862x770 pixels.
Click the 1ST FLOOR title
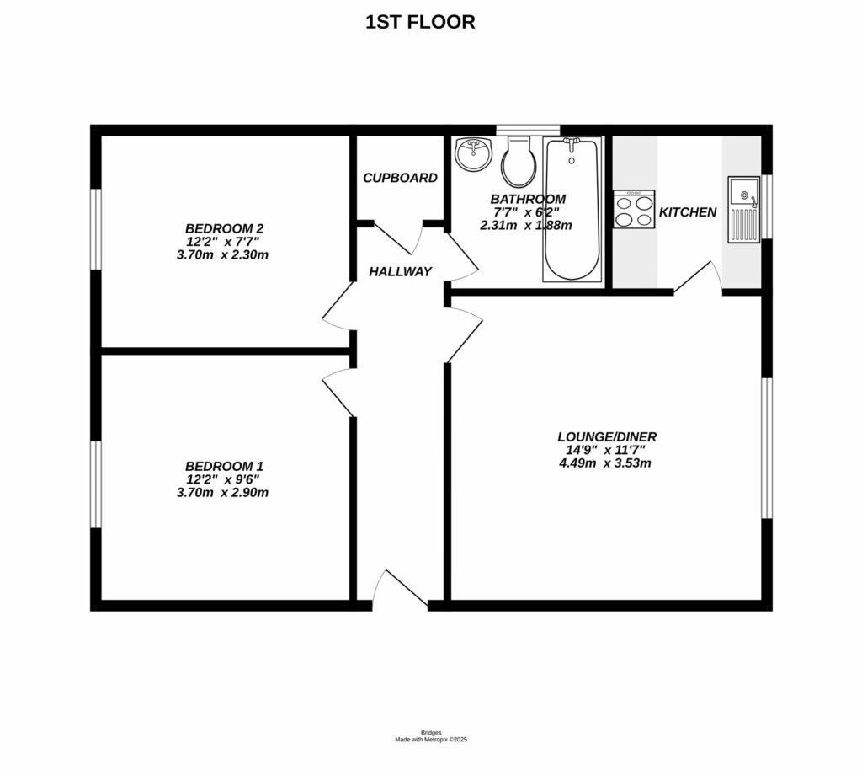point(420,23)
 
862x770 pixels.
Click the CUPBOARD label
point(400,178)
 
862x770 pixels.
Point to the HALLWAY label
point(400,271)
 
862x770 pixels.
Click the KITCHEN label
point(687,212)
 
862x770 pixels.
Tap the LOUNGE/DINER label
point(606,436)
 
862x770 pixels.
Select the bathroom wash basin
point(473,153)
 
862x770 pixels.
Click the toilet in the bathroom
point(517,162)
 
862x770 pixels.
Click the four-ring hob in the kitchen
point(635,209)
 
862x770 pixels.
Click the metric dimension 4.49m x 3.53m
point(606,463)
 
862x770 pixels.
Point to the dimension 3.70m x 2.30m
point(222,254)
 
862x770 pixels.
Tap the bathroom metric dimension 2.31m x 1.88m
point(525,225)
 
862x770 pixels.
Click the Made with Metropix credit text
point(431,740)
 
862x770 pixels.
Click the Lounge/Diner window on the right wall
point(766,447)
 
